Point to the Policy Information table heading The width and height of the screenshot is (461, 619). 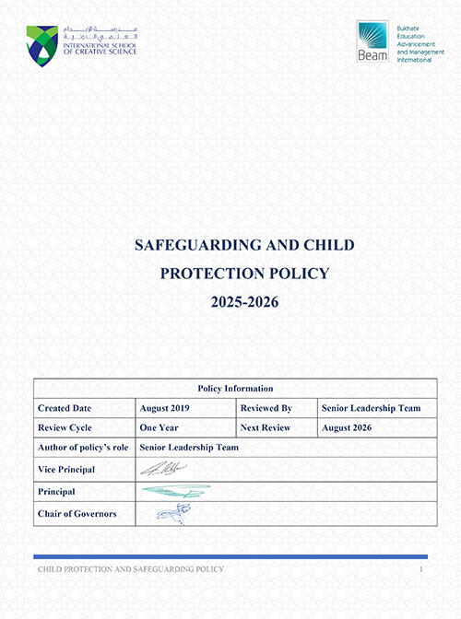236,388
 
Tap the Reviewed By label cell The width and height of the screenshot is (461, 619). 266,407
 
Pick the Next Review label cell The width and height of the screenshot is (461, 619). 266,427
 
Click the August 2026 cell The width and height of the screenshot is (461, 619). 351,427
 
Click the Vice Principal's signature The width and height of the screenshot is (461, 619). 163,470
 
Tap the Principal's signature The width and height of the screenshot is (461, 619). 175,491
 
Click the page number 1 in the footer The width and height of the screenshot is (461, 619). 420,570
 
